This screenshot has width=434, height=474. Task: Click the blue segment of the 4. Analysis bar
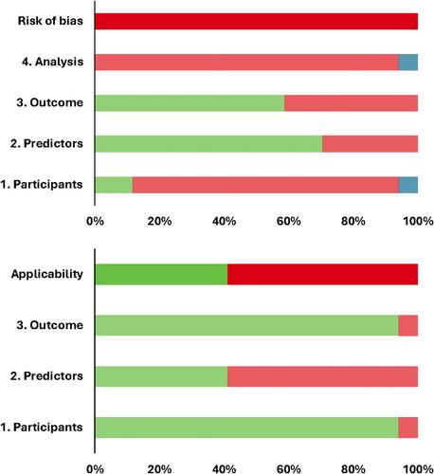408,62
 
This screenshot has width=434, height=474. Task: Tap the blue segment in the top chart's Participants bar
408,185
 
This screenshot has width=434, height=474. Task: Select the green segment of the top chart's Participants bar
114,185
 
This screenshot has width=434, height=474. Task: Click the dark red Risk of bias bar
257,21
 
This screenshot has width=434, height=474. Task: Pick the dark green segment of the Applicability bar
161,274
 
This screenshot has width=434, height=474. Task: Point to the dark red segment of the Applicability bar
322,274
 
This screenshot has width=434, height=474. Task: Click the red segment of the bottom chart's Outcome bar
408,325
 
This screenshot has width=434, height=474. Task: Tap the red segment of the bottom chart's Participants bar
408,428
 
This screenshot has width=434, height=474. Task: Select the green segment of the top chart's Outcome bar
190,103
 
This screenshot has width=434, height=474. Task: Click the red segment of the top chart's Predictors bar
371,144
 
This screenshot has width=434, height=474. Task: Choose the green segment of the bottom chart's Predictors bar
161,376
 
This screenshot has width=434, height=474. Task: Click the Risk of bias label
50,21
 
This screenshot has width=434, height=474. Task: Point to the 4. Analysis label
53,62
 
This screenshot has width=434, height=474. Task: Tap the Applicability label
47,274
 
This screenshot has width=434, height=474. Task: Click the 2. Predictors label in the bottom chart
46,376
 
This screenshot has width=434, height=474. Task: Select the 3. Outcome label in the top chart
50,102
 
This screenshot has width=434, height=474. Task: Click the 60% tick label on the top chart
288,221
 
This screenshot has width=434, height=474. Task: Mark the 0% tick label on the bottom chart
95,469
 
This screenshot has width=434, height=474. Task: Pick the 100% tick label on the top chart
418,221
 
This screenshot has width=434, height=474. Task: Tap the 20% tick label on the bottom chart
159,469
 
